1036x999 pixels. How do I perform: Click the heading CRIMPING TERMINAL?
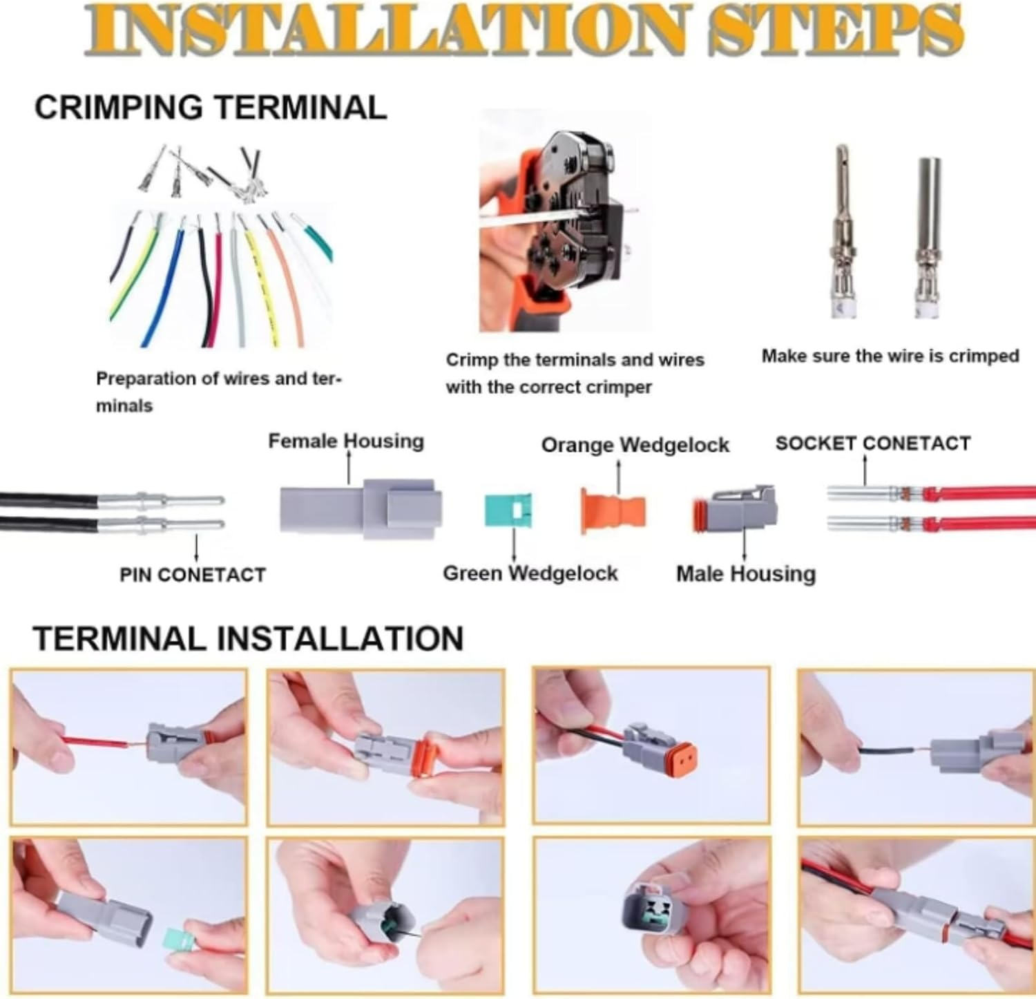tap(211, 108)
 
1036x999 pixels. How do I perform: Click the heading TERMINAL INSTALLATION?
tap(248, 638)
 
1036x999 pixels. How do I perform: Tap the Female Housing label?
tap(345, 441)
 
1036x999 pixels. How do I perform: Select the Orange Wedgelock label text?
tap(635, 445)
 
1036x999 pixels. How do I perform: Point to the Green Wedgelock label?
tap(530, 573)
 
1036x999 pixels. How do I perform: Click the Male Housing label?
tap(745, 574)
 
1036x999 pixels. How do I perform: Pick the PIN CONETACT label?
tap(192, 575)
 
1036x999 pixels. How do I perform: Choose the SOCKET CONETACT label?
tap(872, 444)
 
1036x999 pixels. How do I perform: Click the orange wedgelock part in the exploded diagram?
tap(613, 511)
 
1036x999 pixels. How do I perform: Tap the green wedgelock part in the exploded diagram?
tap(507, 510)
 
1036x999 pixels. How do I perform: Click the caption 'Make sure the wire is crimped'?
tap(890, 356)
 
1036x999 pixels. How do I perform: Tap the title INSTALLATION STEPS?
tap(523, 30)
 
